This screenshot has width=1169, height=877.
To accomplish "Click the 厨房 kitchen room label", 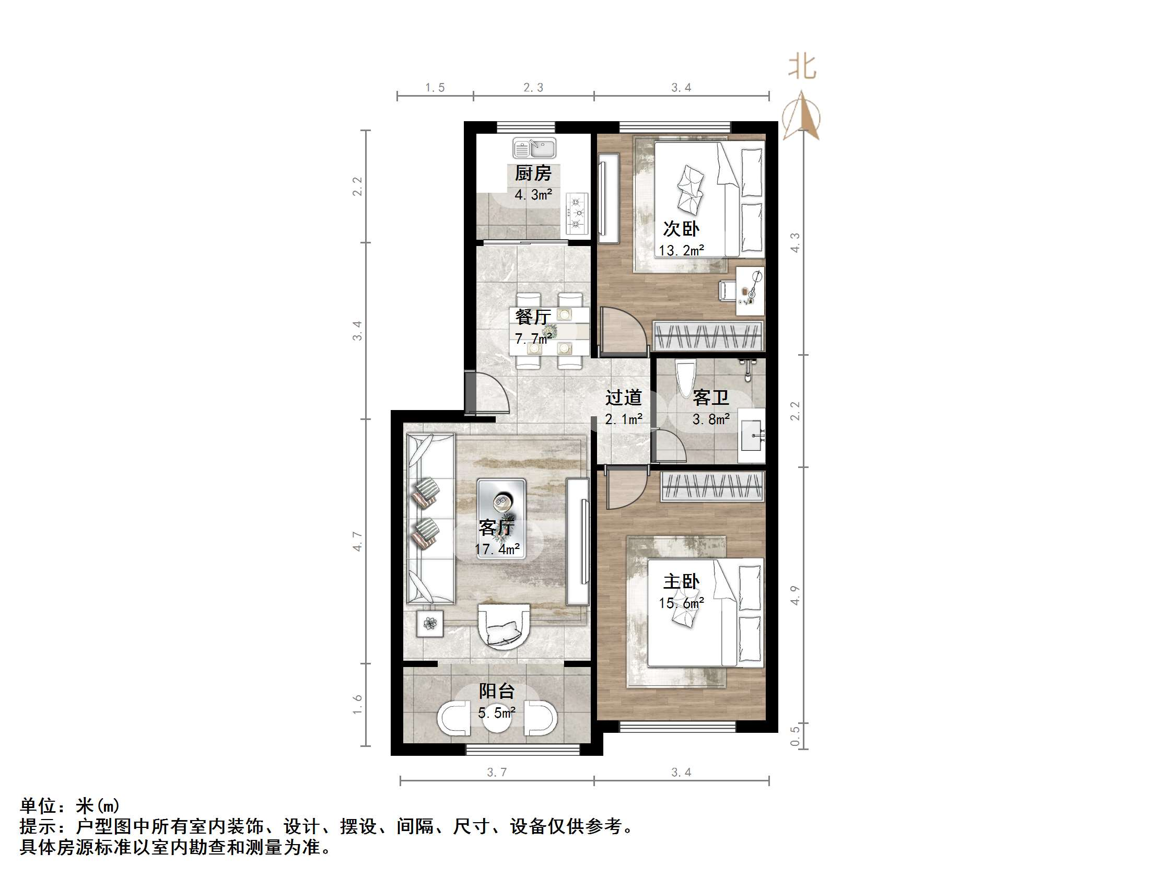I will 533,173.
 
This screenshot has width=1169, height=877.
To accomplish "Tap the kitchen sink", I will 534,148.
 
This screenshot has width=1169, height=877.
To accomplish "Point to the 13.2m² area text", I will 681,251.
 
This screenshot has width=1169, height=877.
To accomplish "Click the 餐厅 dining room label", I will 533,317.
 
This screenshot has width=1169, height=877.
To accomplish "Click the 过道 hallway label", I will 624,397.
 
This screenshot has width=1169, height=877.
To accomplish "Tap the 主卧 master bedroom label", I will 681,582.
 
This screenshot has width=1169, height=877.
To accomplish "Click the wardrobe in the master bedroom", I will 712,486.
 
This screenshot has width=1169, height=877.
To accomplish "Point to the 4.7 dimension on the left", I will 358,541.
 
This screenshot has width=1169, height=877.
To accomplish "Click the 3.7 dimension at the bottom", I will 496,773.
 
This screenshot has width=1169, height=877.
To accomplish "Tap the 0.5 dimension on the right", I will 795,736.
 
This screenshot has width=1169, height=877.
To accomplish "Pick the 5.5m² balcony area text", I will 496,713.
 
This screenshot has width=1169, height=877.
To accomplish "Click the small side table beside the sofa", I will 430,624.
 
